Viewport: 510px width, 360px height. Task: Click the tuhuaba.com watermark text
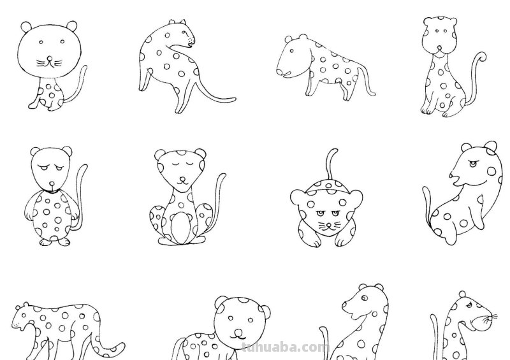285,348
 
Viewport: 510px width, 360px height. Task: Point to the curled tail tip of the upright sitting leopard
482,59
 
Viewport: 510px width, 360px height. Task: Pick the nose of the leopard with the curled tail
441,32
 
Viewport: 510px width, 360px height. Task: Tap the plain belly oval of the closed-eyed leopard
181,227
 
